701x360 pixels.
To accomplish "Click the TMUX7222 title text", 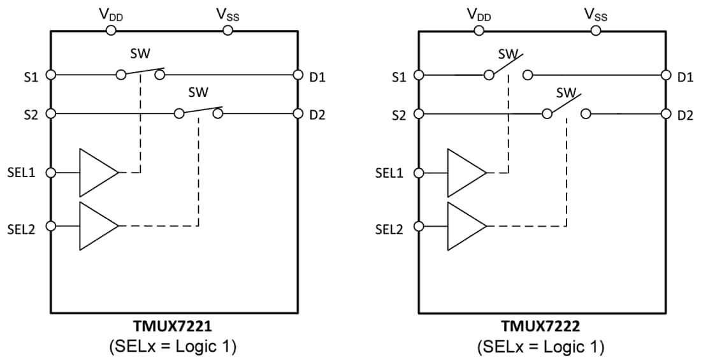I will (x=541, y=328).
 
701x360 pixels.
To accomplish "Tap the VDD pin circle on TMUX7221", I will (x=111, y=30).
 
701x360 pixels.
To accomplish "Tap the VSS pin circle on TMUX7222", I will (x=595, y=30).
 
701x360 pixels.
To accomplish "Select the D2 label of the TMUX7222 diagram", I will (x=685, y=116).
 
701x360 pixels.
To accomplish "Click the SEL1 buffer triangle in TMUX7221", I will (x=96, y=172).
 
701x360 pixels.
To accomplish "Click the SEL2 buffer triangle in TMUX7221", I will (x=96, y=226).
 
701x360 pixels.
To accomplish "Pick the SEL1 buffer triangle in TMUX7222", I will (x=465, y=172).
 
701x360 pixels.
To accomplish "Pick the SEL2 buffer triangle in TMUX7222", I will (x=465, y=226).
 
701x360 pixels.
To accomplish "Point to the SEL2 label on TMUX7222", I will (x=389, y=228).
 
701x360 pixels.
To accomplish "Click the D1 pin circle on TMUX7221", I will (x=298, y=75).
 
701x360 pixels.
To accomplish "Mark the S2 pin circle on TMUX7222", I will (x=419, y=114).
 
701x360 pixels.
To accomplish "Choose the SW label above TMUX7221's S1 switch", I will (x=140, y=54).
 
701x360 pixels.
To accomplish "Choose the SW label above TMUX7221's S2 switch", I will (x=198, y=92).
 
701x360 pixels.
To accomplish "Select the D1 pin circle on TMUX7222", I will (x=665, y=75).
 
